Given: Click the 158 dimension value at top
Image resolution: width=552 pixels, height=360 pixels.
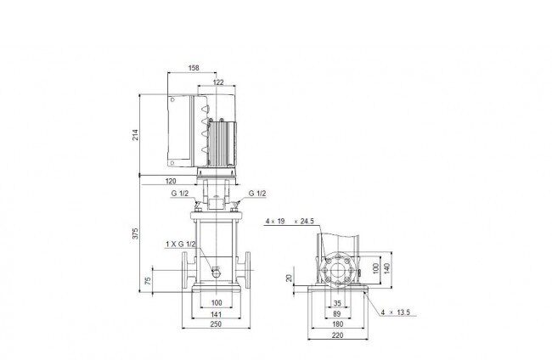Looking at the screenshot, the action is [194, 68].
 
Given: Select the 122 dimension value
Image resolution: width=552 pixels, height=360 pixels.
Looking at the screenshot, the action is [218, 82].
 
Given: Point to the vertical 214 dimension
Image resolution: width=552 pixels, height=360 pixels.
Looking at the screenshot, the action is [135, 135].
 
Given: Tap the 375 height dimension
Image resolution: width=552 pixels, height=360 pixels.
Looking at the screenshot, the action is [135, 233].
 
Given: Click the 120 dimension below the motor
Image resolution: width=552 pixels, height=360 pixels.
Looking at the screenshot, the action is [171, 181].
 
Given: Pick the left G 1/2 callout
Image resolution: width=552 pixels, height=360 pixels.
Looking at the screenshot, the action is [180, 194].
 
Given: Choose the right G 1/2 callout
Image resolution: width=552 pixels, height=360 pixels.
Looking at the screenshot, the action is [257, 194].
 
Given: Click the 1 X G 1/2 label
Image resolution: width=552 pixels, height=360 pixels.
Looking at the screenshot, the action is [181, 244].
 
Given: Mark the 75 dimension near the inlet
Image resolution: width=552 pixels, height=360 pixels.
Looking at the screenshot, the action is [148, 280].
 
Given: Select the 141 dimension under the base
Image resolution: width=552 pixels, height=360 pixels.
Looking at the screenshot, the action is [217, 314].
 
